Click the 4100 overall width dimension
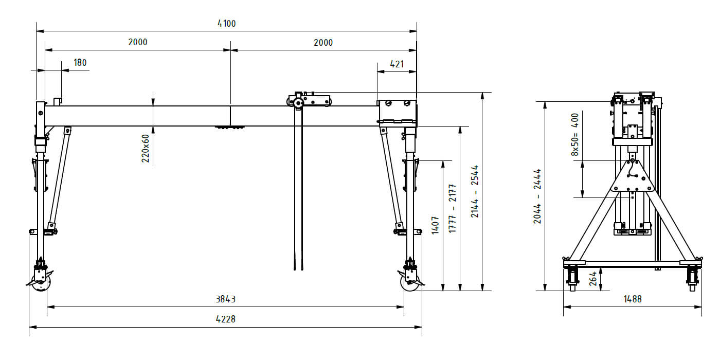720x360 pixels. click(x=227, y=24)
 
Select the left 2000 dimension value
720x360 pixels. click(x=138, y=42)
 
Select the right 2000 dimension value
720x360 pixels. click(x=323, y=42)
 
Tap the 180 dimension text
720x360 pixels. click(x=80, y=62)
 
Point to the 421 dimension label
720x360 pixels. click(x=397, y=64)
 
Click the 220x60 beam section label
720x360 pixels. click(x=146, y=149)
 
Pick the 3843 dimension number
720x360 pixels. click(x=225, y=299)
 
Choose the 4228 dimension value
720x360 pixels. click(x=225, y=319)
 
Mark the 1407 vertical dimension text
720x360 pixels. click(x=435, y=225)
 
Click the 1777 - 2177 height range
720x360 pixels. click(x=452, y=209)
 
